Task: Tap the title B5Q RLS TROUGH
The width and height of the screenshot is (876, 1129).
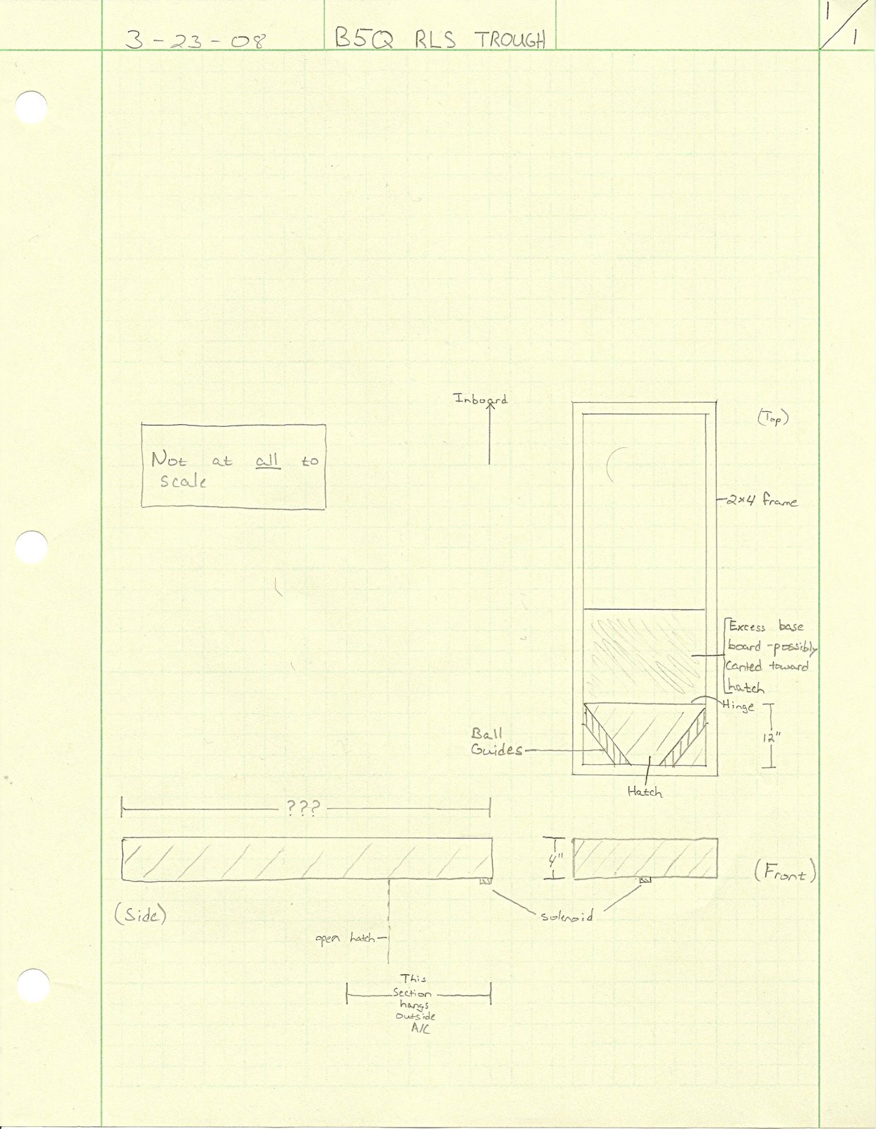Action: point(440,38)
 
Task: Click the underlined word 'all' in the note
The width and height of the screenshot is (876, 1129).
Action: point(267,461)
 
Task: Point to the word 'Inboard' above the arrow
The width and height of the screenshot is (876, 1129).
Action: point(480,399)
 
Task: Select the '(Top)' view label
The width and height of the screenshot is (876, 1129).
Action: point(773,418)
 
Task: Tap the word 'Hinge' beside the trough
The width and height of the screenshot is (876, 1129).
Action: point(738,706)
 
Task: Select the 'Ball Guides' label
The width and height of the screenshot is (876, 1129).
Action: point(496,742)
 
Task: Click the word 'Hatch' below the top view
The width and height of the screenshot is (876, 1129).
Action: point(645,792)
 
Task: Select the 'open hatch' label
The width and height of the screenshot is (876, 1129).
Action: point(345,938)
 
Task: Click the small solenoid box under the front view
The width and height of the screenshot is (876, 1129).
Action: point(645,881)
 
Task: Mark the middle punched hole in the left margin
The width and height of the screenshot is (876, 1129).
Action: point(31,547)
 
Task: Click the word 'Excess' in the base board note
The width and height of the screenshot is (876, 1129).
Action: point(748,626)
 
